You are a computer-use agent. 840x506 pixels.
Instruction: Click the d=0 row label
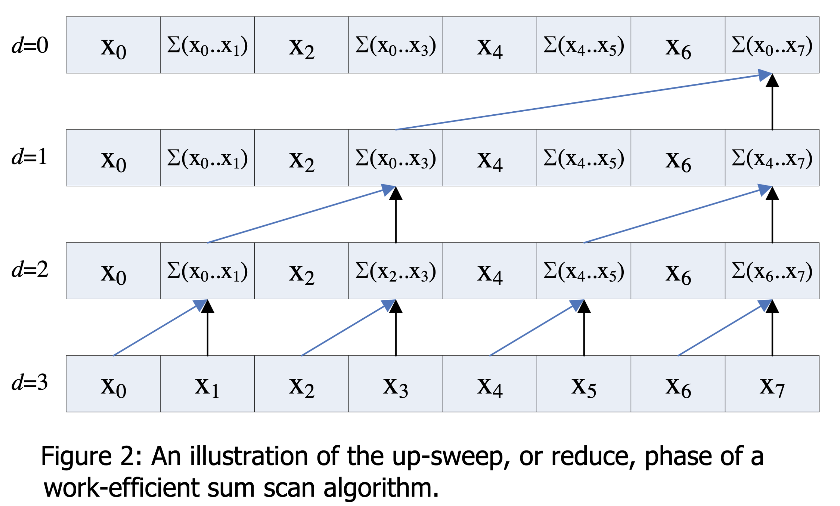[x=30, y=45]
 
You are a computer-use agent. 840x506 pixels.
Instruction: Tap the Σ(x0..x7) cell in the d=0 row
[x=772, y=45]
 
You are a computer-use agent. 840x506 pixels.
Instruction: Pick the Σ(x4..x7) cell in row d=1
[x=772, y=158]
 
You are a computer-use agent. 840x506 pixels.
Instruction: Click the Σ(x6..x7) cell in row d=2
[x=772, y=271]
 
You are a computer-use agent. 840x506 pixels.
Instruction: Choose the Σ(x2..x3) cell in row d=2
[x=395, y=271]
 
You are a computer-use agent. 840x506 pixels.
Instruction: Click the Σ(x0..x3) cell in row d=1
[x=395, y=158]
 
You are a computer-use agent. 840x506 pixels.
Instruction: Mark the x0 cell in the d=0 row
[x=113, y=45]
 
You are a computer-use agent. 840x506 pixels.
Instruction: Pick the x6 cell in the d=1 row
[x=678, y=158]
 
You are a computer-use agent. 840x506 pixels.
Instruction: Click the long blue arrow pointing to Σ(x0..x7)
[x=579, y=102]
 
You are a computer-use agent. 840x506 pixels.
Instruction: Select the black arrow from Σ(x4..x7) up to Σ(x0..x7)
[x=772, y=106]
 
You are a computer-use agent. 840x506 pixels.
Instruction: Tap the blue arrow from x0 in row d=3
[x=157, y=329]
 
